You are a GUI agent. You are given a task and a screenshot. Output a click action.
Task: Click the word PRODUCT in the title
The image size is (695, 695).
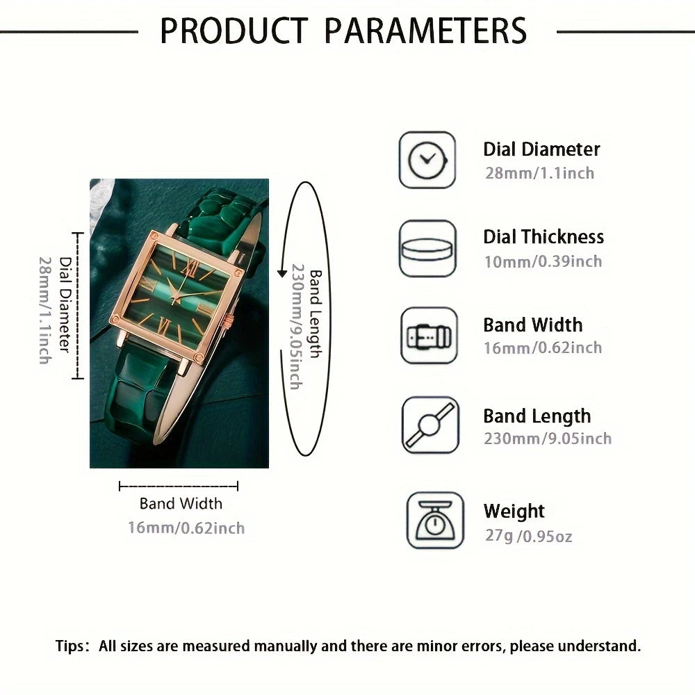234,31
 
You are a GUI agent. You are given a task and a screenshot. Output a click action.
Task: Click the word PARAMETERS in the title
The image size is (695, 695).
425,31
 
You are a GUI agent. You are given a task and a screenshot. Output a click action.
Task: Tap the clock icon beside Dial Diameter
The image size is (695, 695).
427,160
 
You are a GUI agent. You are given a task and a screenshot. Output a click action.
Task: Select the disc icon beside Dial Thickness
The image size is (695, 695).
427,249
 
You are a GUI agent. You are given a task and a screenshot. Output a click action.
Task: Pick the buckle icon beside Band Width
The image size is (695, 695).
429,336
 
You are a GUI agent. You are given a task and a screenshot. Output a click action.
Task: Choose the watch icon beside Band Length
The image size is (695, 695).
430,425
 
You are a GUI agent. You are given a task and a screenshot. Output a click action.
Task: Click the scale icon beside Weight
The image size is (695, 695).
435,521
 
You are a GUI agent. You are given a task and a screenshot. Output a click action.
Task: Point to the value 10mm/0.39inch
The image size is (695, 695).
543,261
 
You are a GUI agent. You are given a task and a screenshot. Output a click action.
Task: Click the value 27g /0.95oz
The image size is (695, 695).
528,536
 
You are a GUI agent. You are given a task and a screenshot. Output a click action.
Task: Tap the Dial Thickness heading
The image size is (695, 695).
543,237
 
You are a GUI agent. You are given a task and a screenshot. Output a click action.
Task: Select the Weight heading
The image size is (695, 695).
514,511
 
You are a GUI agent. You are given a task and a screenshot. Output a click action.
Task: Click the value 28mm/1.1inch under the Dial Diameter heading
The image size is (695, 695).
539,173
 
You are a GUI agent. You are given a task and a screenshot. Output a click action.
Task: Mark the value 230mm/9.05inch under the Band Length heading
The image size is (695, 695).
548,439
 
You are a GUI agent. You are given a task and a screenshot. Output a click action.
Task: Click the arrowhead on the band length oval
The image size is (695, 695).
282,272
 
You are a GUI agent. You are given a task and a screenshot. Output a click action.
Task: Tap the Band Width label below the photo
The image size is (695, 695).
181,503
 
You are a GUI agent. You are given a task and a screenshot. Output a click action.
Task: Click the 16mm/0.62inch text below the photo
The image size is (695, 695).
186,528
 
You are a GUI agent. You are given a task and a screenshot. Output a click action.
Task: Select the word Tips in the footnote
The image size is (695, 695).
69,646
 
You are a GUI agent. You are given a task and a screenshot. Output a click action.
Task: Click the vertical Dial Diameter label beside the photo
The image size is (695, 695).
65,305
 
